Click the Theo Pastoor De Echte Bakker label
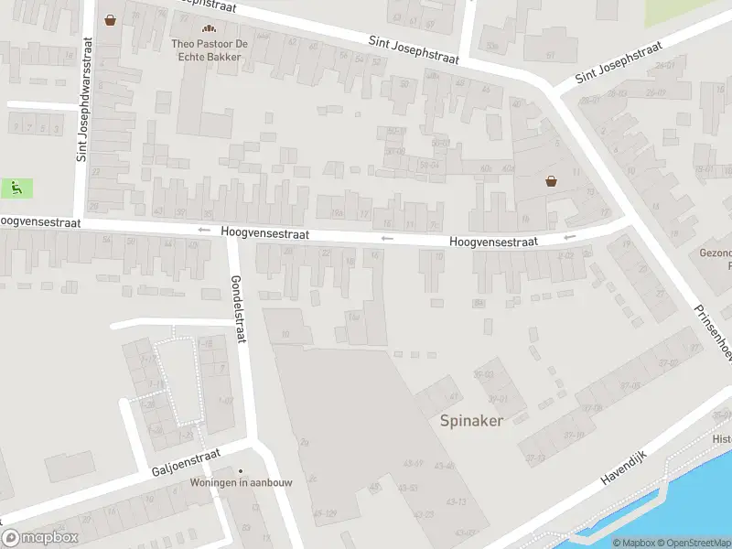click(x=207, y=49)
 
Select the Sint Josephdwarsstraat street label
click(x=83, y=100)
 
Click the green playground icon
click(x=16, y=188)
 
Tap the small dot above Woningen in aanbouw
click(x=241, y=471)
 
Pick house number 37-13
click(x=535, y=457)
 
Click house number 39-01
click(x=497, y=398)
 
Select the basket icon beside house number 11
click(x=551, y=180)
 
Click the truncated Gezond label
click(x=716, y=253)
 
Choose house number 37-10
click(x=575, y=434)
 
